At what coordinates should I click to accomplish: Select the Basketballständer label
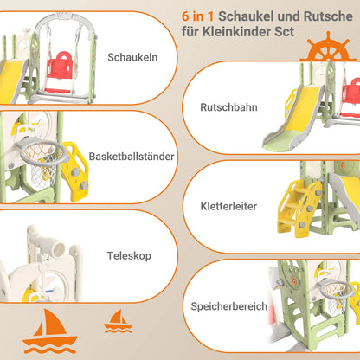pyautogui.click(x=132, y=157)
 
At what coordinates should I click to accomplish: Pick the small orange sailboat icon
pyautogui.click(x=118, y=321)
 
